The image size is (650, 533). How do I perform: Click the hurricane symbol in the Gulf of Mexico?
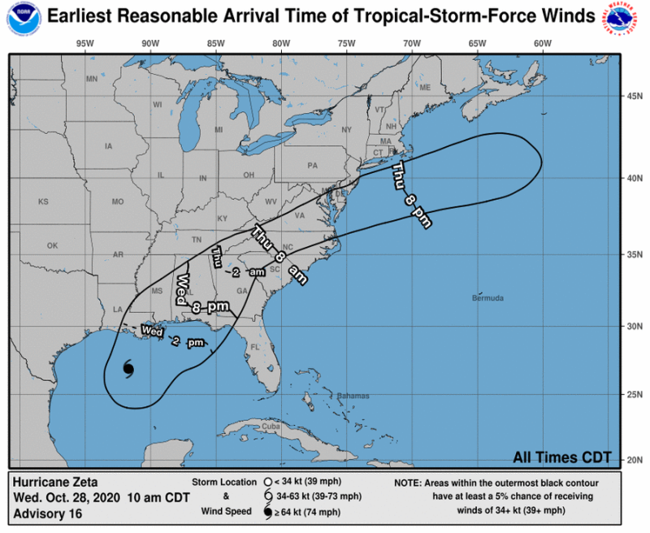click(x=128, y=369)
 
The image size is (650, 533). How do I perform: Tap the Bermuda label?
click(x=487, y=298)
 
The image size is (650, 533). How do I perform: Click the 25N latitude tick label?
click(x=632, y=396)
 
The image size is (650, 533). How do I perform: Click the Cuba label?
click(x=270, y=427)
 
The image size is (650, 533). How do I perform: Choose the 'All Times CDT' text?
click(x=562, y=456)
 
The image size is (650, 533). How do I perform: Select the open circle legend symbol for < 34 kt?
click(x=266, y=481)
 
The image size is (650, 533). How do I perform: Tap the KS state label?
click(x=43, y=201)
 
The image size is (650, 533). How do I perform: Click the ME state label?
click(x=424, y=87)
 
